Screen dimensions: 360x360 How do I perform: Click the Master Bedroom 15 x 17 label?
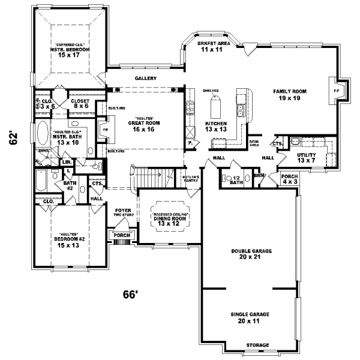[70, 53]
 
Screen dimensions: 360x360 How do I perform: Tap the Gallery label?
[146, 79]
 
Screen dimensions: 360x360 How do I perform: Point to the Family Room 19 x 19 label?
[290, 94]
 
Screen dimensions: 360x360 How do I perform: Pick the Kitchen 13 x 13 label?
[215, 125]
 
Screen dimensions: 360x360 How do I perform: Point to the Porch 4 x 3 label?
[289, 179]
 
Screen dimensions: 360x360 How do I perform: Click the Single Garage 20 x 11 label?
[250, 317]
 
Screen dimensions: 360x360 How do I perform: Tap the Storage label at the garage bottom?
[250, 345]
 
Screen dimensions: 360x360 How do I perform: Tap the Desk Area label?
[254, 143]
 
